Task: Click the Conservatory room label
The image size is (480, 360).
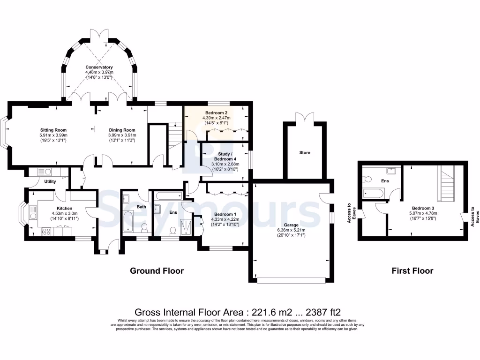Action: coord(99,67)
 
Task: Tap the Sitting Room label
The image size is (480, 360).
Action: coord(54,130)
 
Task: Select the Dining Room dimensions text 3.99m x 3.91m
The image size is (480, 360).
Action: coord(122,135)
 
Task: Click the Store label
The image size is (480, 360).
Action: coord(305,152)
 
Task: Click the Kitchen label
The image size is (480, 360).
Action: coord(64,208)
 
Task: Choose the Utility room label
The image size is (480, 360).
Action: coord(50,181)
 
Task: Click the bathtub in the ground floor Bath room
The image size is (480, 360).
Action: coord(127,222)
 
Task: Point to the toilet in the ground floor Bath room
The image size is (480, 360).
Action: coord(144,227)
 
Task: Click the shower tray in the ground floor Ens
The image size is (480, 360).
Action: coord(187,225)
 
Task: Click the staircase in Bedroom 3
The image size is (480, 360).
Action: coord(446,183)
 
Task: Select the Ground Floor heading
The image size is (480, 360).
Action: coord(157,270)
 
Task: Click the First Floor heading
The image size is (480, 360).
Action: coord(412,270)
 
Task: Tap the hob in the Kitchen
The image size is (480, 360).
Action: coord(46,231)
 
